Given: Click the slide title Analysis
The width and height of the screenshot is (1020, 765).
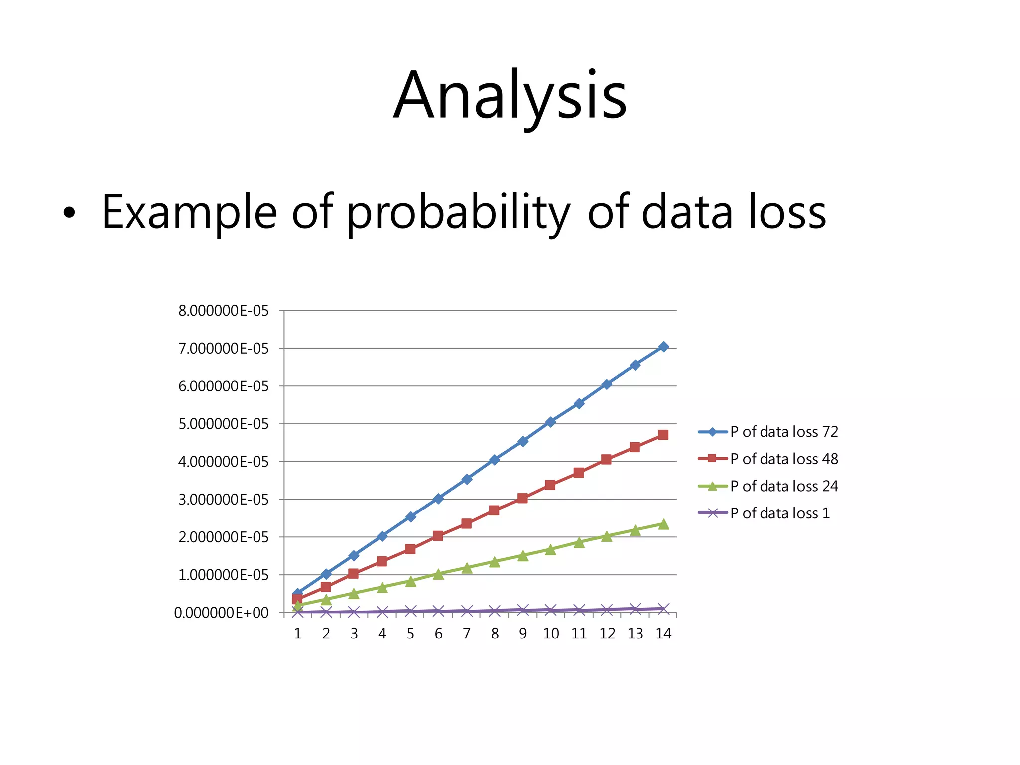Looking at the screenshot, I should pos(510,96).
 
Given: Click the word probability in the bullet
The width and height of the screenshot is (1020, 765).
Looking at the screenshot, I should pos(458,213).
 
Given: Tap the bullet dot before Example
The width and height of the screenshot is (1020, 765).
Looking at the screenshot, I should pos(70,213).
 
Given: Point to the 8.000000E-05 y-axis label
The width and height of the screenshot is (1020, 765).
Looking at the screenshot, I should pos(223,311).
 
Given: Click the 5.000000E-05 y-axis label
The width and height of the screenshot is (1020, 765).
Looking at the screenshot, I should pos(223,424).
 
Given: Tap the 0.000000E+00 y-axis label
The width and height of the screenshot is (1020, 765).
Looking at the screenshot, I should pos(221,613).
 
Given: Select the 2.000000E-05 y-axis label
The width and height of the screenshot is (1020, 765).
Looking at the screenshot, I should pos(223,537).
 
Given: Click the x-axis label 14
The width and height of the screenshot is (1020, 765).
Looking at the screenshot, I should pos(663,634).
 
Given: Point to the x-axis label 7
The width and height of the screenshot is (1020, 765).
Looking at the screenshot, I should pos(467,634).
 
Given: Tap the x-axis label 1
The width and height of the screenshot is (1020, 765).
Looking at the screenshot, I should pos(298,634).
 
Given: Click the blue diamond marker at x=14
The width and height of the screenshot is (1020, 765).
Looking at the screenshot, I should pos(663,347).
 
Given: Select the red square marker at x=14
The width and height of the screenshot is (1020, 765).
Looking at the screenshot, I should pos(663,435).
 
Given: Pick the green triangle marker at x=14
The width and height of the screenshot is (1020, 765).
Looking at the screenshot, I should pos(663,524).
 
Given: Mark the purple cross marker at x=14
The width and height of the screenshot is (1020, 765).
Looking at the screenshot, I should pos(663,609).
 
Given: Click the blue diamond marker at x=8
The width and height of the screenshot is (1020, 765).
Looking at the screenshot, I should pos(495,460).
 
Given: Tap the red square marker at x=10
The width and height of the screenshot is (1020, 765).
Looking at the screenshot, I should pos(550,485).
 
